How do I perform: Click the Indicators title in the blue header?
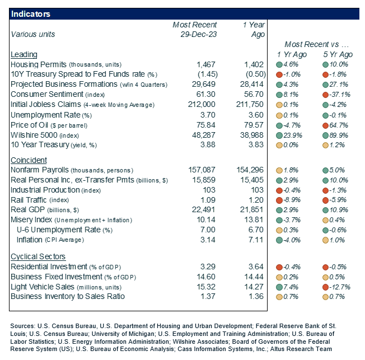coord(31,13)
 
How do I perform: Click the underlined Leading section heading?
coord(24,55)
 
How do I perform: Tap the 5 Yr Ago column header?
coord(338,55)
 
